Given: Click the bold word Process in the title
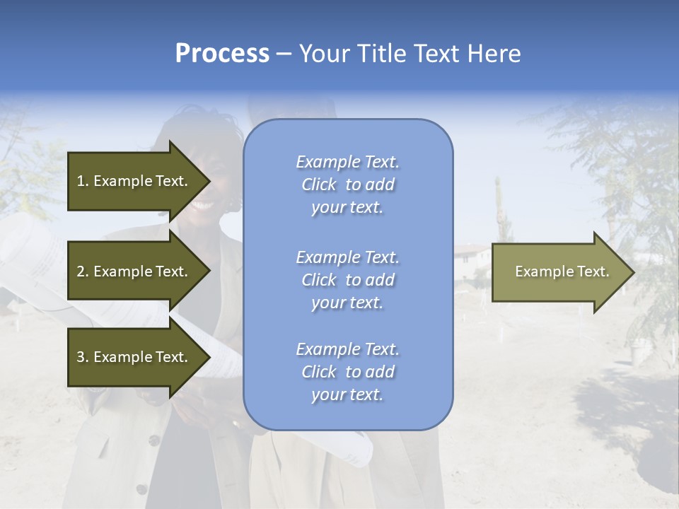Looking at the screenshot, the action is pyautogui.click(x=222, y=53).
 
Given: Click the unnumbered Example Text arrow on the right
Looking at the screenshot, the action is pyautogui.click(x=562, y=271).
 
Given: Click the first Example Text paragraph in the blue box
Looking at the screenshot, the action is pyautogui.click(x=347, y=185).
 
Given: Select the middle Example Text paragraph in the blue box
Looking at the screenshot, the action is pyautogui.click(x=347, y=280).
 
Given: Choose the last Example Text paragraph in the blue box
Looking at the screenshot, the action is pyautogui.click(x=347, y=372).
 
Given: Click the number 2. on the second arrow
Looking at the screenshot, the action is pyautogui.click(x=82, y=271).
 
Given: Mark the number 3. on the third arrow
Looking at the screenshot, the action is pyautogui.click(x=82, y=357).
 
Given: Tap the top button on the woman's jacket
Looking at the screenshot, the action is pyautogui.click(x=153, y=440).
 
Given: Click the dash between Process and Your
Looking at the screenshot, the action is pyautogui.click(x=284, y=54).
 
